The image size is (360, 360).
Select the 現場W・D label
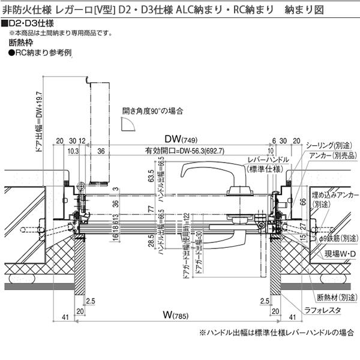pos(341,254)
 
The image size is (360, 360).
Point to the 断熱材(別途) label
pos(336,296)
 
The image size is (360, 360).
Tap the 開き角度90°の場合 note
pos(153,111)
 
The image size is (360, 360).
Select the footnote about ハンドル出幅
pos(274,332)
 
